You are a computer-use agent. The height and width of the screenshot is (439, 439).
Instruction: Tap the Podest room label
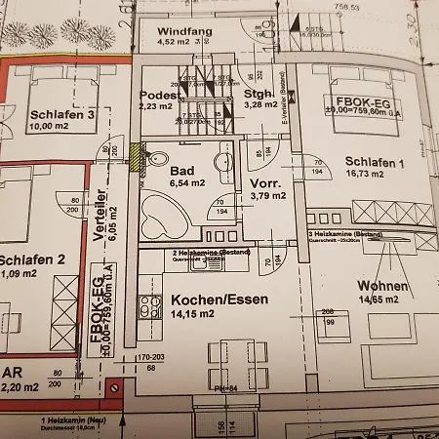click(158, 95)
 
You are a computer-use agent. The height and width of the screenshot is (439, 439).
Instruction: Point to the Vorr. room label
click(265, 182)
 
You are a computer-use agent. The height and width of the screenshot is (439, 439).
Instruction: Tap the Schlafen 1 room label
click(374, 162)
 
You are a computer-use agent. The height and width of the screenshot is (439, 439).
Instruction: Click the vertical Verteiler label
click(99, 217)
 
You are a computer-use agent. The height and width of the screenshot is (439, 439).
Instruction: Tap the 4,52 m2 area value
click(175, 42)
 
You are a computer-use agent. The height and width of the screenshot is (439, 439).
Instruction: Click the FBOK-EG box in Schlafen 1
click(363, 105)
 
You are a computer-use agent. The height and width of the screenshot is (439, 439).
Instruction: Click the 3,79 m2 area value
click(265, 195)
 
